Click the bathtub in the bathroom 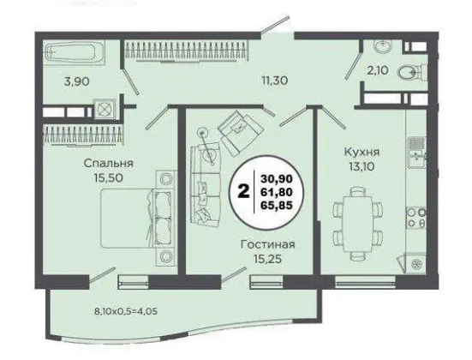click(x=75, y=54)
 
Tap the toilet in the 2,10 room click(x=412, y=72)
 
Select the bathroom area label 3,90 click(x=77, y=81)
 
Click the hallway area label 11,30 click(x=274, y=81)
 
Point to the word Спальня click(x=109, y=164)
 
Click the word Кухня click(x=361, y=152)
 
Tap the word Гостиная click(x=267, y=244)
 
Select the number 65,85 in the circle click(x=277, y=206)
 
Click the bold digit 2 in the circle click(x=243, y=192)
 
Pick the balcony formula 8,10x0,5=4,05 click(x=126, y=311)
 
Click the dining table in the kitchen click(x=358, y=224)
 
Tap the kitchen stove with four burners click(x=416, y=218)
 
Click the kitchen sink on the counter click(x=416, y=156)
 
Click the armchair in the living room click(x=241, y=133)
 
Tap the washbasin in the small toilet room click(x=383, y=45)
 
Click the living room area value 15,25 click(x=267, y=259)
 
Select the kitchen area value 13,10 click(x=361, y=166)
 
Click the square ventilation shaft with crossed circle click(x=104, y=108)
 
